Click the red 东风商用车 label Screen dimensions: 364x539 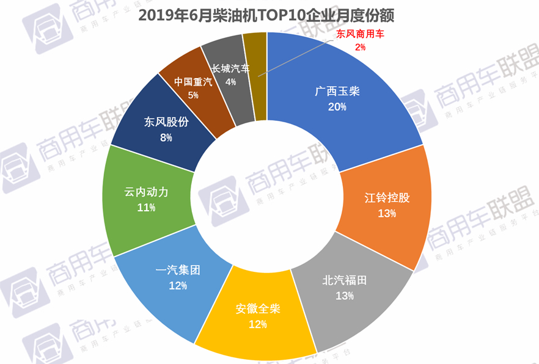pyautogui.click(x=360, y=35)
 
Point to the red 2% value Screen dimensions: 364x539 pyautogui.click(x=360, y=47)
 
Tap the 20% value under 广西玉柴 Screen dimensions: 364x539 pyautogui.click(x=337, y=107)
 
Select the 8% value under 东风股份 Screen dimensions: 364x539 pyautogui.click(x=166, y=137)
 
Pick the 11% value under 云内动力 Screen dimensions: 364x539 pyautogui.click(x=147, y=208)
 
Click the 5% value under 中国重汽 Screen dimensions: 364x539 pyautogui.click(x=193, y=95)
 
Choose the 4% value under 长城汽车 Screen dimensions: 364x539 pyautogui.click(x=230, y=82)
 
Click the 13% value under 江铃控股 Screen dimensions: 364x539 pyautogui.click(x=387, y=213)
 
